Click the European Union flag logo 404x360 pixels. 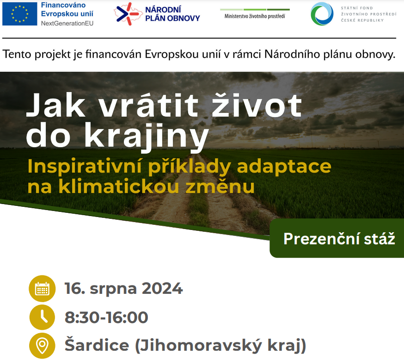(x=19, y=14)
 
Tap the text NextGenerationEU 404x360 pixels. (x=67, y=24)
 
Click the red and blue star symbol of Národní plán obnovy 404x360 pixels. (x=128, y=14)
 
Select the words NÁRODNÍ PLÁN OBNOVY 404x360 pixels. (x=172, y=14)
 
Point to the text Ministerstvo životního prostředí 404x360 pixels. (x=255, y=16)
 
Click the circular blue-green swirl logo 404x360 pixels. (x=322, y=14)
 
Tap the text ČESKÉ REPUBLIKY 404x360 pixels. (x=362, y=20)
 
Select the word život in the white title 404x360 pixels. (x=257, y=105)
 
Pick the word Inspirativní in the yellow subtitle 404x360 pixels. (x=85, y=167)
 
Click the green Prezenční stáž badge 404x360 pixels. (x=337, y=238)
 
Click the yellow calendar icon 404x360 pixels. (x=42, y=289)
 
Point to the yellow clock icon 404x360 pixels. (x=42, y=317)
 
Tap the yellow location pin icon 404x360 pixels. (x=42, y=346)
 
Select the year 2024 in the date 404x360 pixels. (x=162, y=288)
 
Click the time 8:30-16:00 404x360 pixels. (x=106, y=317)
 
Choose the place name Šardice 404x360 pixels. (x=97, y=345)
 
